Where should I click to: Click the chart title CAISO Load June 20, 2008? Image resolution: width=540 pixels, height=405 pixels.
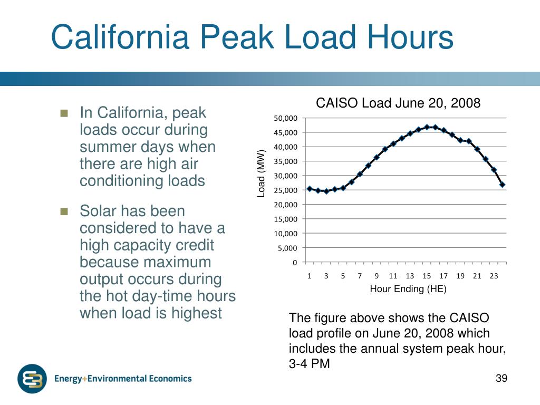pyautogui.click(x=398, y=103)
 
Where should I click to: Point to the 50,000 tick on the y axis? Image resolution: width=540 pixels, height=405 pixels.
pyautogui.click(x=285, y=118)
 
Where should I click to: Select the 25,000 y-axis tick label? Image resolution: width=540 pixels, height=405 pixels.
pyautogui.click(x=285, y=190)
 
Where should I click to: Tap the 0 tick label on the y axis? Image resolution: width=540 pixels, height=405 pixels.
pyautogui.click(x=295, y=263)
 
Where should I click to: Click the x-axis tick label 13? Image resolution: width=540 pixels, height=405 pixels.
pyautogui.click(x=410, y=276)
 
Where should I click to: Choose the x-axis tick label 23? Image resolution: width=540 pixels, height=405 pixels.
pyautogui.click(x=494, y=276)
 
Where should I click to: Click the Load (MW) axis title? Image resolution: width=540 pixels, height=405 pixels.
pyautogui.click(x=262, y=173)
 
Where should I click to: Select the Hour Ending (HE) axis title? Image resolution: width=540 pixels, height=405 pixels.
pyautogui.click(x=408, y=288)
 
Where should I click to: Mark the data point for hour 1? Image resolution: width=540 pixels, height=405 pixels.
pyautogui.click(x=309, y=189)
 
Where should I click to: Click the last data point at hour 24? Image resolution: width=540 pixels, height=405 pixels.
pyautogui.click(x=503, y=185)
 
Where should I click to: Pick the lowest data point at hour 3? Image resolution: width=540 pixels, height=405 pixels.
pyautogui.click(x=326, y=191)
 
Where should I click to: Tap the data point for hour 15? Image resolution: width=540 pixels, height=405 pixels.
pyautogui.click(x=427, y=127)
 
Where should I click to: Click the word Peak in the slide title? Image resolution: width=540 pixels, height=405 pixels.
pyautogui.click(x=237, y=37)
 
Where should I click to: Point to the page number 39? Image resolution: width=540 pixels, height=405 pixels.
pyautogui.click(x=502, y=378)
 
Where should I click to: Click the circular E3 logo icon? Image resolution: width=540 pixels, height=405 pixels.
pyautogui.click(x=32, y=379)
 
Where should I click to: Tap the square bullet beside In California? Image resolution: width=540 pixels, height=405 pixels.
pyautogui.click(x=64, y=113)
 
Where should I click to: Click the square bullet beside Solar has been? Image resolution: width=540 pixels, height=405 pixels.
pyautogui.click(x=64, y=211)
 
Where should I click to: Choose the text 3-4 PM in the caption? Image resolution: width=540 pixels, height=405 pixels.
pyautogui.click(x=309, y=364)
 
